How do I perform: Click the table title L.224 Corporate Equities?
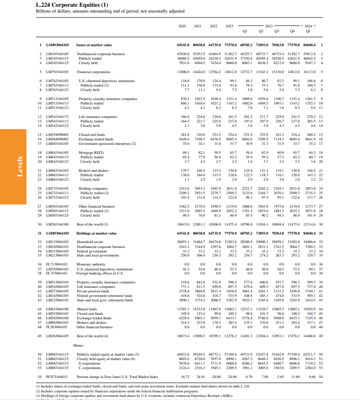pyautogui.click(x=65, y=5)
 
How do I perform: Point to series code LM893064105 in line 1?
pyautogui.click(x=58, y=45)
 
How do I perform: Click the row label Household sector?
pyautogui.click(x=90, y=241)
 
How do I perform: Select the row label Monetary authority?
pyautogui.click(x=91, y=264)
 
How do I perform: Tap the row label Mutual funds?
pyautogui.click(x=87, y=309)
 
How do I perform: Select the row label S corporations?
pyautogui.click(x=90, y=363)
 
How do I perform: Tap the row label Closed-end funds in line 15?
pyautogui.click(x=91, y=135)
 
